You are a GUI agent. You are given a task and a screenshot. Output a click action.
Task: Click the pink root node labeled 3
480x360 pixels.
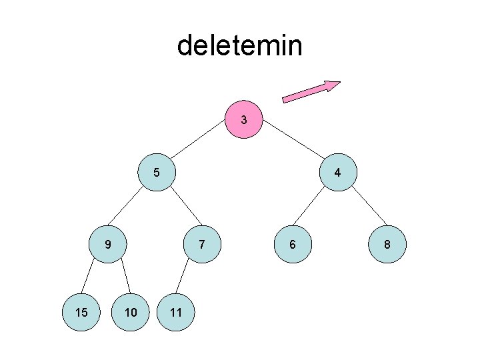244,121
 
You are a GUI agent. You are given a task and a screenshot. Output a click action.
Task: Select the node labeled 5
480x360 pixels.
156,172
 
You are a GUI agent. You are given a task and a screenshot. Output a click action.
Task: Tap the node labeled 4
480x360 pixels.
338,172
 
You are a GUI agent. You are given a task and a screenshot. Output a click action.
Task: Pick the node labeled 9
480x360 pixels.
108,245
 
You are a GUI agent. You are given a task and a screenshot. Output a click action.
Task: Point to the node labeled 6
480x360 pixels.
292,245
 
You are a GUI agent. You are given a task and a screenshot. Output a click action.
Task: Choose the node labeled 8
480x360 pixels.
386,245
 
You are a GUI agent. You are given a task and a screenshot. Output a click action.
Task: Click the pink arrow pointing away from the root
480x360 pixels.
311,92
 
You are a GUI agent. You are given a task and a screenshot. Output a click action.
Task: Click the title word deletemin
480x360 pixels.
239,46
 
